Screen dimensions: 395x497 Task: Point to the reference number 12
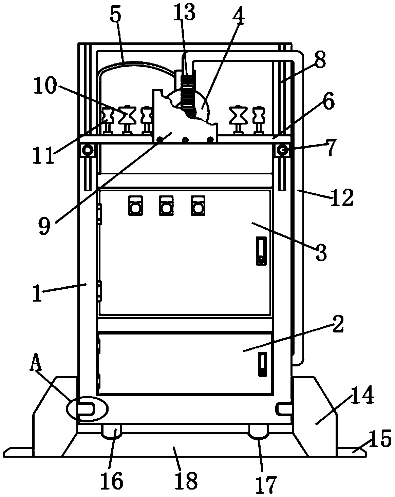coord(342,197)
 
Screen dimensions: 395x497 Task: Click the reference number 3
coord(321,252)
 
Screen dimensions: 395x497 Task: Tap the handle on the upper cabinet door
coord(261,251)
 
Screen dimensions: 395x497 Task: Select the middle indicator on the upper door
coord(166,206)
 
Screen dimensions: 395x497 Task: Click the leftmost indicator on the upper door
coord(136,206)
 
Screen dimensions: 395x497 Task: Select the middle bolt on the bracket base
coord(185,139)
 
